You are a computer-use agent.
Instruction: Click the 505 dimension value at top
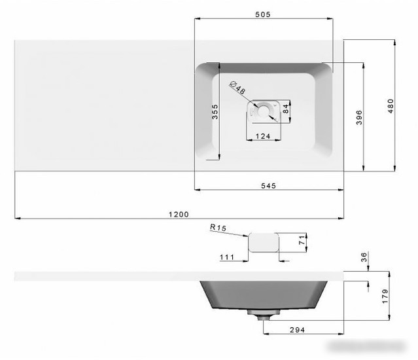(x=262, y=14)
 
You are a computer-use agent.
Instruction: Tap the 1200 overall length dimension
(x=179, y=215)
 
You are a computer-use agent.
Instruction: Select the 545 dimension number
(x=268, y=186)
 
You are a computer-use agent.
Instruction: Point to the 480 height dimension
(x=391, y=106)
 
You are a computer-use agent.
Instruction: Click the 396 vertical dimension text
(x=359, y=117)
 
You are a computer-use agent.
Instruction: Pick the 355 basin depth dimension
(x=215, y=112)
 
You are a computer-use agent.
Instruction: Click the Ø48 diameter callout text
(x=237, y=88)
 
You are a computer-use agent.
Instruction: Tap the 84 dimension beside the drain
(x=285, y=109)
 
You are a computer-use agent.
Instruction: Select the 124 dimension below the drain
(x=263, y=136)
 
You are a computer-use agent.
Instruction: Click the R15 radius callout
(x=218, y=228)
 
